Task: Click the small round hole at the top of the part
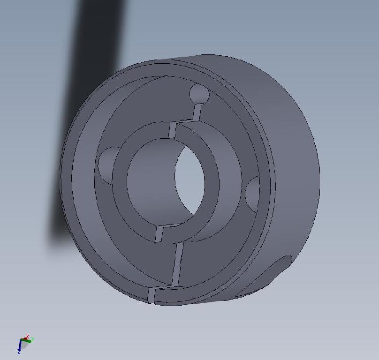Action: (199, 94)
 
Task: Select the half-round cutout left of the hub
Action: (107, 164)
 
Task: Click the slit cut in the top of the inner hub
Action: (172, 130)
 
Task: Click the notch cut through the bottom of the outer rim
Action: (151, 295)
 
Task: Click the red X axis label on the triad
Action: (28, 337)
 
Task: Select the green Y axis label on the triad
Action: (32, 340)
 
